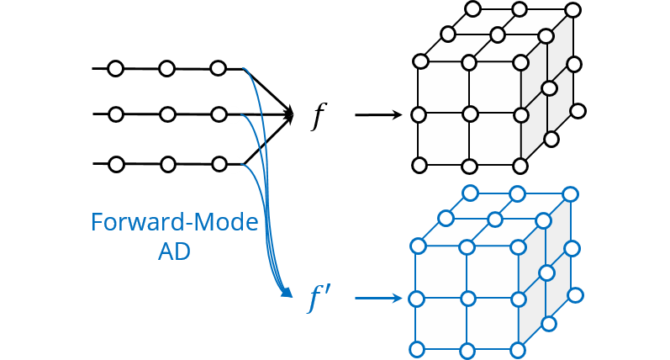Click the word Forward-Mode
click(174, 223)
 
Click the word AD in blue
click(174, 251)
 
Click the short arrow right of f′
click(377, 298)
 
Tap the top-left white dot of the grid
click(116, 68)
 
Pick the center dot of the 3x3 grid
click(167, 114)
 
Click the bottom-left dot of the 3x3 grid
click(116, 164)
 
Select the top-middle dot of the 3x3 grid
click(167, 68)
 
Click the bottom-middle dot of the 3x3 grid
click(167, 164)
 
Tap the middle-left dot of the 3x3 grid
click(116, 114)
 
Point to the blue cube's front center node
click(468, 298)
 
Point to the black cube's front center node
click(470, 113)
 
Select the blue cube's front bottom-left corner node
click(416, 349)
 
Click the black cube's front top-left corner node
click(420, 62)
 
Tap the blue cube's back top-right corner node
click(571, 195)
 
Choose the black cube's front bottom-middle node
click(470, 165)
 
